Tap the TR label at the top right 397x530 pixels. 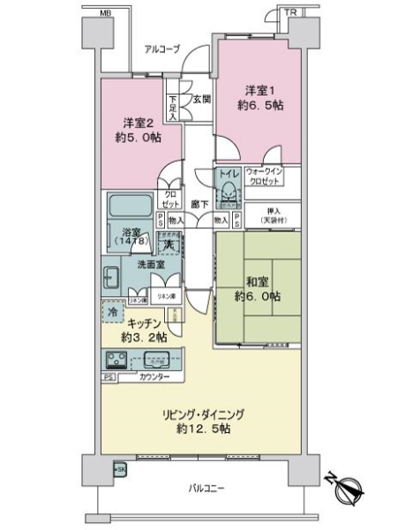(x=289, y=12)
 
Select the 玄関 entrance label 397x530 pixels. (x=202, y=99)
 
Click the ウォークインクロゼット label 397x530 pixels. (x=263, y=175)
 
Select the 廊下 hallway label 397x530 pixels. (x=200, y=205)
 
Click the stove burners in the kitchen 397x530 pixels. (x=116, y=360)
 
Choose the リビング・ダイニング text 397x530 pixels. (x=202, y=413)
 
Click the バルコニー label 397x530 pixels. (x=206, y=487)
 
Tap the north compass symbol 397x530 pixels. (x=345, y=488)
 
